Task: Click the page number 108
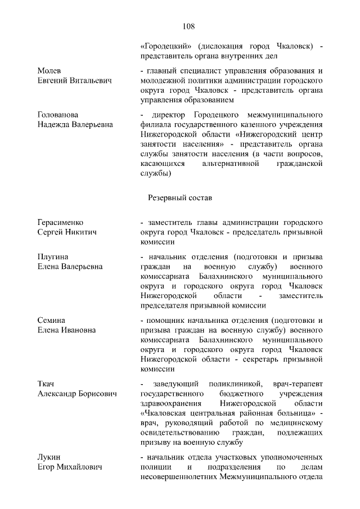188,26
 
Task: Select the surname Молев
49,71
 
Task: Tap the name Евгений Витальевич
75,81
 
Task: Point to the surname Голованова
58,114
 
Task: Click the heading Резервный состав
180,198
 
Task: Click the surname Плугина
52,256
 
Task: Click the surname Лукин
49,457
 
